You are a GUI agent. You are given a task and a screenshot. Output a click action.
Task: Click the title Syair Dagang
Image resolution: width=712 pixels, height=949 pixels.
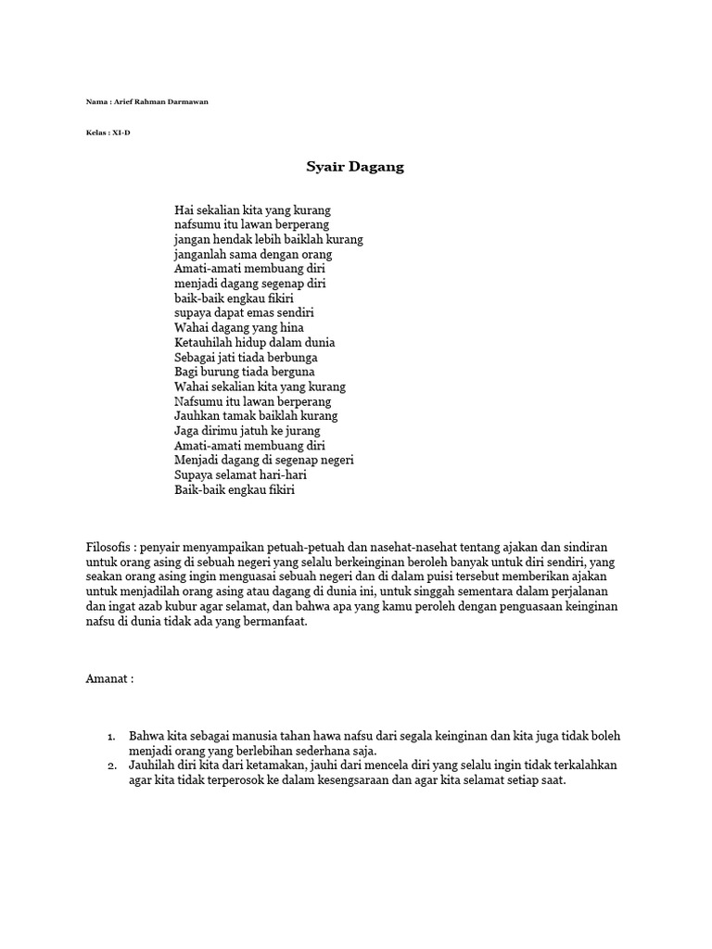point(355,168)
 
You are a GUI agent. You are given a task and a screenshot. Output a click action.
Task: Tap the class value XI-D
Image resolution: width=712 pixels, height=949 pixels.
point(121,133)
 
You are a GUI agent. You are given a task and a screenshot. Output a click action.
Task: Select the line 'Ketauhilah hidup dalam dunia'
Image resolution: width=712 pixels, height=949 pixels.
point(255,343)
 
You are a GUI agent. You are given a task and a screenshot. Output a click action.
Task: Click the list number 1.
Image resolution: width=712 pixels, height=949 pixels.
point(110,737)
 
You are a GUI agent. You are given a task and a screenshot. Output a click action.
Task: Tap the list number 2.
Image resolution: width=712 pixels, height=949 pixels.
point(110,766)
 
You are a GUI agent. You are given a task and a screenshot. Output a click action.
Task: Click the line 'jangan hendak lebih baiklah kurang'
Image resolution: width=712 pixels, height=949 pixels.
point(269,239)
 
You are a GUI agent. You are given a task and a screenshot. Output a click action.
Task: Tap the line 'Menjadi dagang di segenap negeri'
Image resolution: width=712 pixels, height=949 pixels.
point(264,460)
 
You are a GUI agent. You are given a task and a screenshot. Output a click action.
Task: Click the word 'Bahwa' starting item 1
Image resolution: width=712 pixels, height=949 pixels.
point(146,736)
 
